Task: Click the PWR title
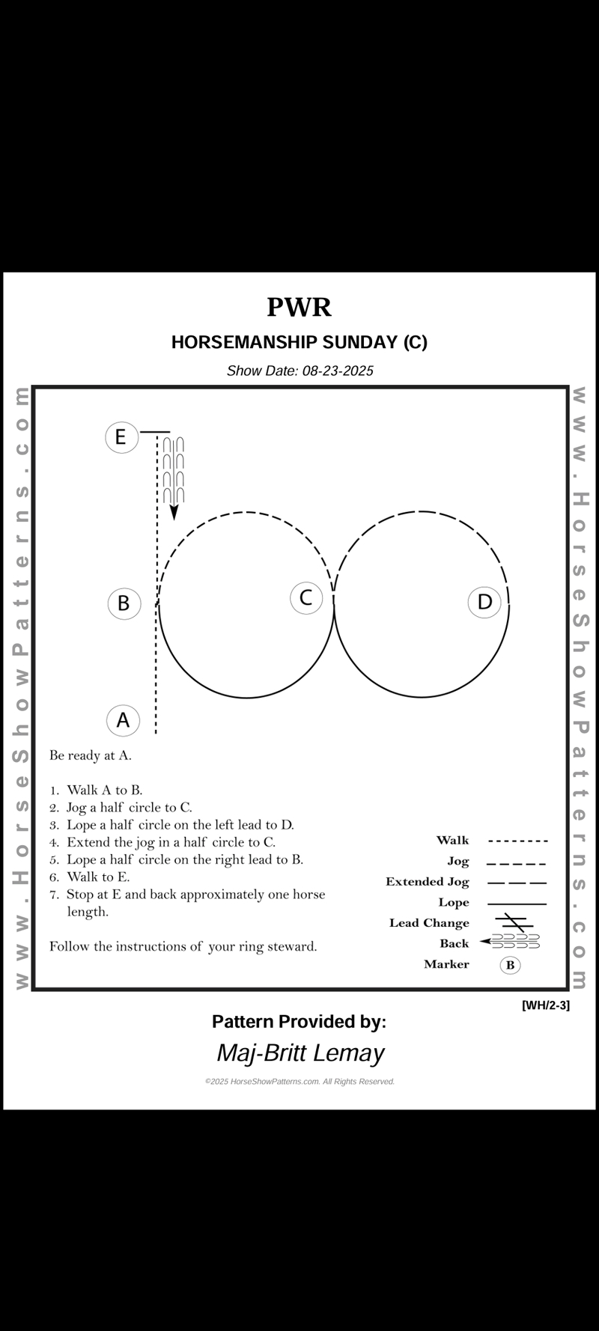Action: (x=299, y=308)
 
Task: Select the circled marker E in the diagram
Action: (x=121, y=436)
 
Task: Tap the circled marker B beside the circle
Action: (x=124, y=603)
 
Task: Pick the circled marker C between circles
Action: (x=306, y=597)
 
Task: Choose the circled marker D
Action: (x=484, y=602)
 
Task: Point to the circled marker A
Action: (x=123, y=720)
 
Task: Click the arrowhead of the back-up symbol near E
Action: (x=174, y=512)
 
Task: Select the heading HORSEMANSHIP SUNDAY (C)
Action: (x=299, y=342)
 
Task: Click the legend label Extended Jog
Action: (x=427, y=882)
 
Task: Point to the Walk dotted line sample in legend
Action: (x=517, y=841)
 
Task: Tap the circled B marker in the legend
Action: (x=510, y=965)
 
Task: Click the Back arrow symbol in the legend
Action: (x=511, y=942)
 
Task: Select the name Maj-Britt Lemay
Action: (x=300, y=1053)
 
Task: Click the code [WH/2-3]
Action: (x=545, y=1005)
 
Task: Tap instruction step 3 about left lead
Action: (x=180, y=825)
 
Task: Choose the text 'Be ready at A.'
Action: (x=91, y=755)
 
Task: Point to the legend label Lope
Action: (x=454, y=903)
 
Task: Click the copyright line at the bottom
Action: (x=299, y=1082)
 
